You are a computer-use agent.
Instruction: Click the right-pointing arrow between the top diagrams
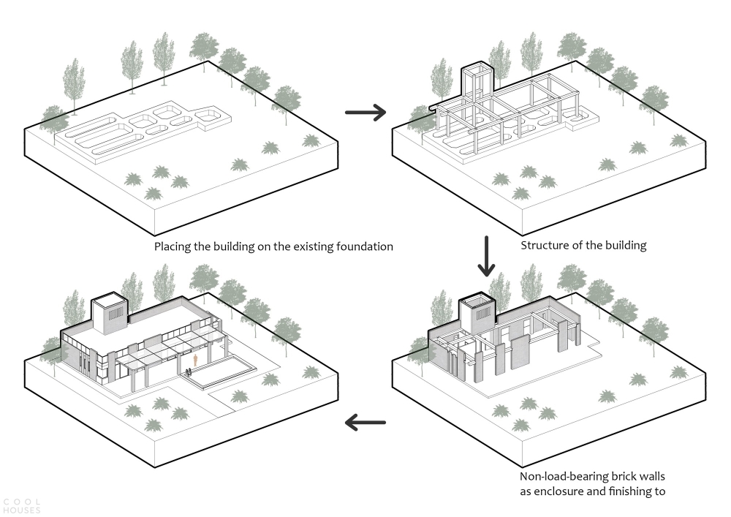point(365,112)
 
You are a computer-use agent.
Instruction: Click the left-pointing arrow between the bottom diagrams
point(365,421)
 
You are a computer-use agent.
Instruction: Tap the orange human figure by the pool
point(196,361)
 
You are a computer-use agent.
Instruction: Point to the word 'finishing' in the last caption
point(632,491)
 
